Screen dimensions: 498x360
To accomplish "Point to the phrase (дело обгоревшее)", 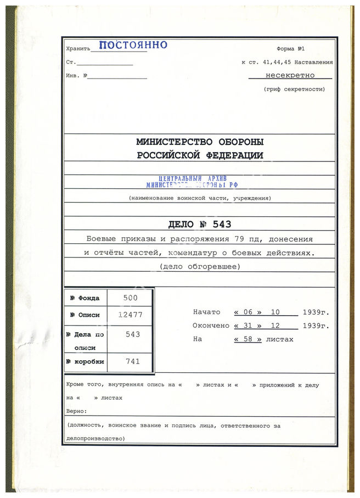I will click(x=199, y=267).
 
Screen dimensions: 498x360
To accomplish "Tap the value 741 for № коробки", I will click(x=132, y=361).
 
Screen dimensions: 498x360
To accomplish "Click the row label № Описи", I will click(x=85, y=315).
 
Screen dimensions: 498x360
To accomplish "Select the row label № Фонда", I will click(x=85, y=298).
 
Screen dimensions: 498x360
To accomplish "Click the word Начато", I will click(x=206, y=312).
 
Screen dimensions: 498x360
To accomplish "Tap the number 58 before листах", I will click(x=248, y=339).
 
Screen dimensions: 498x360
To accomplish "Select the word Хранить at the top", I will click(x=77, y=48).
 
